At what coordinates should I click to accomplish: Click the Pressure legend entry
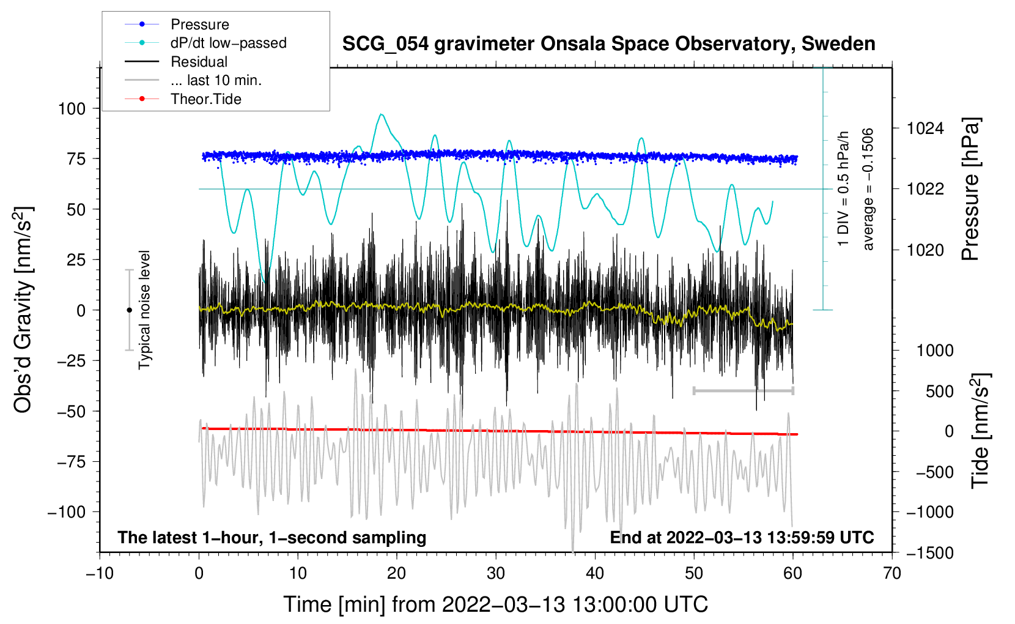199,24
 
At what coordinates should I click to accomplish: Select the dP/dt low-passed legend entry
228,43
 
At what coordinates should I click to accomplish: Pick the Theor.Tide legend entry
205,99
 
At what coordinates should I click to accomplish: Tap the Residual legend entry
199,62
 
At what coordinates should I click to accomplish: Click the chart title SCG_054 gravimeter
608,44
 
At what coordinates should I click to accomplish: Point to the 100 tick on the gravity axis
72,109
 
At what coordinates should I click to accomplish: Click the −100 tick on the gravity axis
67,512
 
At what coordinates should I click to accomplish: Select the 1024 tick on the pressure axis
925,128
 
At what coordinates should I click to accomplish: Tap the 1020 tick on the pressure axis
925,250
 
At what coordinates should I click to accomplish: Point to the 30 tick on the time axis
496,573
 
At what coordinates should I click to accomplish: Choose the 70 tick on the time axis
892,573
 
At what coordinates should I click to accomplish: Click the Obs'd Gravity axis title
23,310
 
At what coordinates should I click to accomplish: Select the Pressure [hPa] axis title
970,190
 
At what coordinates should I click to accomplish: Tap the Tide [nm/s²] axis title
980,431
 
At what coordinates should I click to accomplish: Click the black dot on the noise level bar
129,310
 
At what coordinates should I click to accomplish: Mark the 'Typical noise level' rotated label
144,310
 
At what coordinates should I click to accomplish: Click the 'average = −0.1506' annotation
868,189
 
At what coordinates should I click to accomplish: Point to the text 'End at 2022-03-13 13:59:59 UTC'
742,537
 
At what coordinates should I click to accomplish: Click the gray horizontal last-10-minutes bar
743,390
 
